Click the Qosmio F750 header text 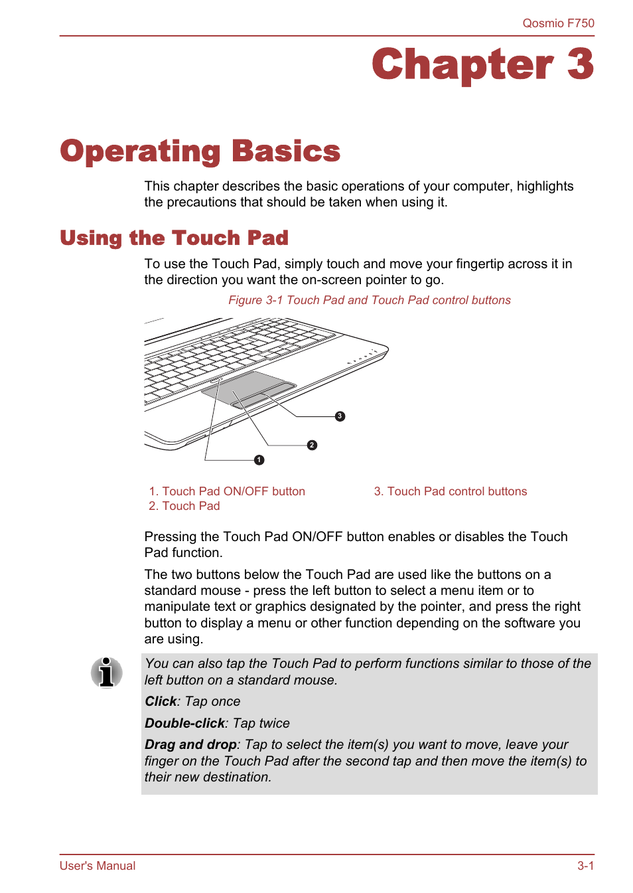pyautogui.click(x=558, y=23)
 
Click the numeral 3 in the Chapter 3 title pyautogui.click(x=579, y=65)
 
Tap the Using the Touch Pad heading pyautogui.click(x=174, y=238)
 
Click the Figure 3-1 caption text pyautogui.click(x=369, y=300)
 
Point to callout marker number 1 pyautogui.click(x=259, y=460)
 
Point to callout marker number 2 pyautogui.click(x=312, y=446)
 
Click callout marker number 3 pyautogui.click(x=340, y=416)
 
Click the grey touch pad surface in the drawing pyautogui.click(x=246, y=385)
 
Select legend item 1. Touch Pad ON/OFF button pyautogui.click(x=227, y=491)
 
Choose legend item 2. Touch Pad pyautogui.click(x=184, y=506)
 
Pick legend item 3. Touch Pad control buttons pyautogui.click(x=450, y=491)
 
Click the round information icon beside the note pyautogui.click(x=106, y=673)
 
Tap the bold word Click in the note pyautogui.click(x=161, y=702)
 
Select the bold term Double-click pyautogui.click(x=184, y=724)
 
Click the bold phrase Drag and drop pyautogui.click(x=190, y=745)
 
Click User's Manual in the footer pyautogui.click(x=98, y=866)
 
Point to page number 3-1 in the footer pyautogui.click(x=585, y=866)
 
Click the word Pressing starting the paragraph pyautogui.click(x=171, y=537)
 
